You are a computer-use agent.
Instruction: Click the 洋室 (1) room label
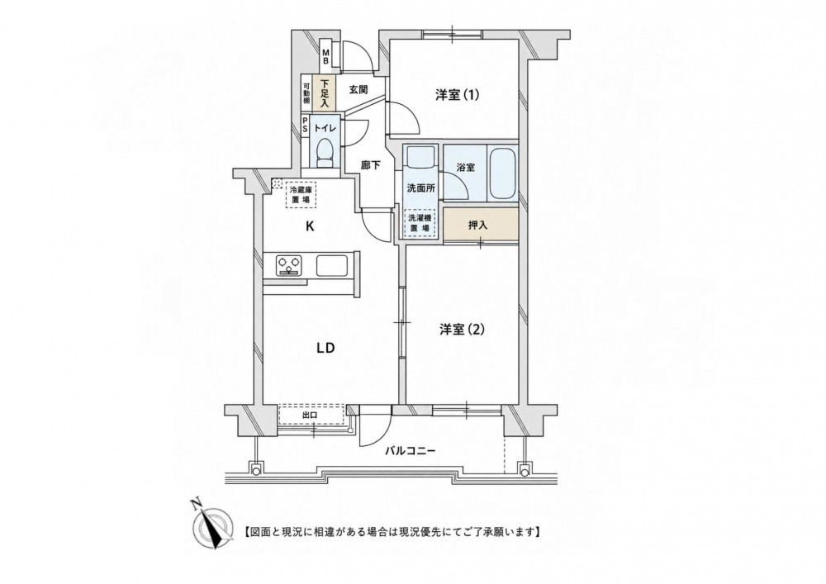coord(458,95)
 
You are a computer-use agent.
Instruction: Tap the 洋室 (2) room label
coord(462,330)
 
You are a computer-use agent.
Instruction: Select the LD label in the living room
coord(325,348)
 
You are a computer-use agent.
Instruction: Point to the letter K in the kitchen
coord(311,227)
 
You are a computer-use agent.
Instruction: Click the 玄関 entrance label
coord(358,89)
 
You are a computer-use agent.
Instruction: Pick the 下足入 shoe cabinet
coord(324,93)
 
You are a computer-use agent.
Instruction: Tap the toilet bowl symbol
coord(325,151)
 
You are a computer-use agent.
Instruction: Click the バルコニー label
coord(410,451)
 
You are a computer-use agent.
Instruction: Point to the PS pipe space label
coord(305,126)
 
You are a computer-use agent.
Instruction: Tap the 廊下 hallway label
coord(370,165)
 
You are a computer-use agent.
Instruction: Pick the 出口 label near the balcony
coord(310,415)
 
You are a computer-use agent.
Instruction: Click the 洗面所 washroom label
coord(420,188)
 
